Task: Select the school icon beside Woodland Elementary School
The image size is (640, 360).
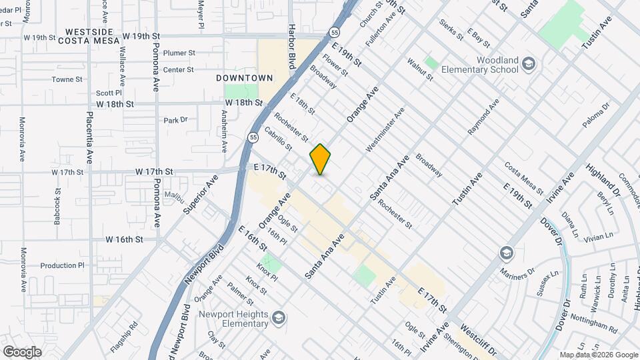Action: click(x=529, y=65)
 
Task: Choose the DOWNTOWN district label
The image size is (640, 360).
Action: click(x=245, y=78)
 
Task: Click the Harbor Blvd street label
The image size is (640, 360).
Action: click(x=291, y=47)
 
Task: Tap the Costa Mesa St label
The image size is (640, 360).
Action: click(x=525, y=175)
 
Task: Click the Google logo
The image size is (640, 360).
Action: click(x=22, y=351)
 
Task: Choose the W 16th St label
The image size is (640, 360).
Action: click(x=124, y=239)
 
